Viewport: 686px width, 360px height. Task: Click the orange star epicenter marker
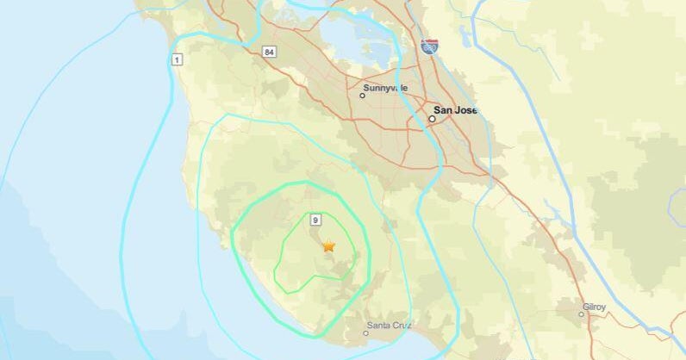(328, 245)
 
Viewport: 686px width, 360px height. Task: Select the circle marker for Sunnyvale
(362, 96)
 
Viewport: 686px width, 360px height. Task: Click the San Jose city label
(455, 110)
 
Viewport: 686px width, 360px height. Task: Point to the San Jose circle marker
(432, 119)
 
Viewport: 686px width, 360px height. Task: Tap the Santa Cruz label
(390, 325)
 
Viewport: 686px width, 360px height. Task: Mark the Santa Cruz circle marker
(365, 332)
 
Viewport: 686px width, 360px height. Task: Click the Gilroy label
(594, 306)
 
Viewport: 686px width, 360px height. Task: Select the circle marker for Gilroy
(582, 314)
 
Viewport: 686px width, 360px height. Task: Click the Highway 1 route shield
(177, 59)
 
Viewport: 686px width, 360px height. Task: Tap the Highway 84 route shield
(271, 53)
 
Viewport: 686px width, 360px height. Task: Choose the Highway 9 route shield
(316, 220)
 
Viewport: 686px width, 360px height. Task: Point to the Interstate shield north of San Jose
(428, 47)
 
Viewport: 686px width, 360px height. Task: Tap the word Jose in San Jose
(465, 110)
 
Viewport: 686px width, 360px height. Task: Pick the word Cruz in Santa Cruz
(402, 325)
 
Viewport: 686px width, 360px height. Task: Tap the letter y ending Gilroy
(604, 307)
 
